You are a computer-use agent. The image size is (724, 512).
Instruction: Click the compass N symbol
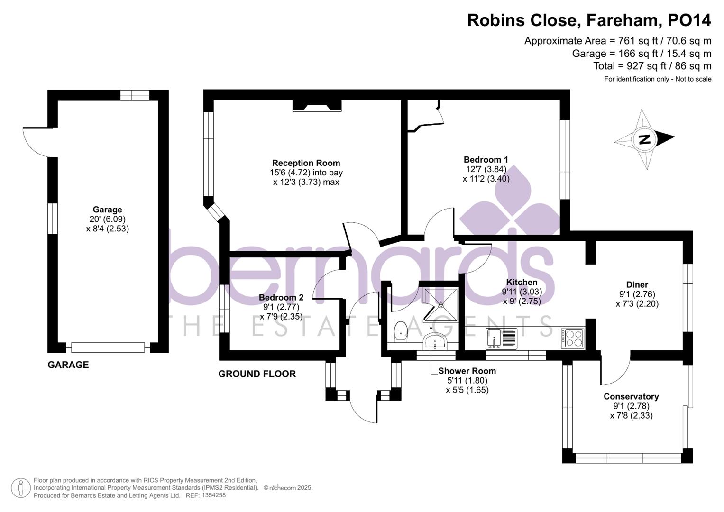click(x=645, y=140)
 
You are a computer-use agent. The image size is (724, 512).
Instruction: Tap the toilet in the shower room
click(x=400, y=331)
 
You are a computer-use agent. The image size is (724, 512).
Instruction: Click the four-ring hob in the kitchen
click(x=572, y=338)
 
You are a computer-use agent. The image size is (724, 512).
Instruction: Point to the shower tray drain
click(x=441, y=304)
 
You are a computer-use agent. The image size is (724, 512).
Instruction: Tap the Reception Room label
click(x=306, y=163)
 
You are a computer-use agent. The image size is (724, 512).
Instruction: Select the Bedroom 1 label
click(x=486, y=159)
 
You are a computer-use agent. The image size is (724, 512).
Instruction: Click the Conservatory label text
click(x=631, y=396)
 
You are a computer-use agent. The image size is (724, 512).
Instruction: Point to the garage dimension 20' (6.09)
click(x=107, y=219)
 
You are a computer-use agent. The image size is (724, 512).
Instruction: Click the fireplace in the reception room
click(x=317, y=105)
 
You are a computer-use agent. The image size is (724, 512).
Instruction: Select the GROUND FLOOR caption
click(x=257, y=374)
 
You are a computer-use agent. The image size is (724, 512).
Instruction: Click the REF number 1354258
click(x=213, y=495)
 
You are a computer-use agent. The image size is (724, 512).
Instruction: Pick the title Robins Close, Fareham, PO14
click(x=589, y=20)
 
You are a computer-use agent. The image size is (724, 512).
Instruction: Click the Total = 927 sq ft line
click(x=652, y=66)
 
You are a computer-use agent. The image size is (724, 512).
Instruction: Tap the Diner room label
click(x=637, y=284)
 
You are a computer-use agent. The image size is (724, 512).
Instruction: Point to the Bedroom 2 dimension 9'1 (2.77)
click(x=281, y=307)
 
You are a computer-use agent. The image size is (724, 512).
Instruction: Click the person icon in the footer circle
click(x=21, y=488)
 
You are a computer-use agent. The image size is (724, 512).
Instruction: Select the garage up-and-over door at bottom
click(x=108, y=347)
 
